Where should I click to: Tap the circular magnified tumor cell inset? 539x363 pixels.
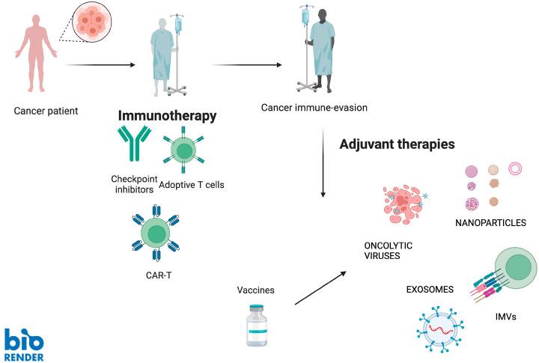[x=94, y=24]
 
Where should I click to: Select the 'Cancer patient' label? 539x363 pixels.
[x=46, y=112]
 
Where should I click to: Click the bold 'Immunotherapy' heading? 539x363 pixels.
[x=167, y=116]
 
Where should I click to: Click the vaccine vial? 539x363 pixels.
[x=257, y=326]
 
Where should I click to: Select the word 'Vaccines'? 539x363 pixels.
[x=255, y=290]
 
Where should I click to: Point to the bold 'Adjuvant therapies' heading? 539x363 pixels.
[x=398, y=143]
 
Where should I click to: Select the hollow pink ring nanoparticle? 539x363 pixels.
[x=515, y=168]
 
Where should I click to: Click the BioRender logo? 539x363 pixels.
[x=23, y=344]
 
